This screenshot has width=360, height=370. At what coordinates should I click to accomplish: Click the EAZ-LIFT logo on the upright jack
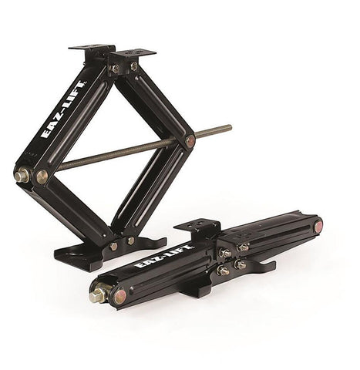pos(64,109)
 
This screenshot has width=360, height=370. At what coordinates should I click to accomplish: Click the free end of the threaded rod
pos(230,126)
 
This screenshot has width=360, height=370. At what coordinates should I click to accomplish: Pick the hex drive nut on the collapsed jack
pos(96,295)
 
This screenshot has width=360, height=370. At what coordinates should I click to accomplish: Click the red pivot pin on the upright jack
pos(190,141)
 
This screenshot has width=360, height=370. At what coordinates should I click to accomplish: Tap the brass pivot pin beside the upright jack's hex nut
pos(42,176)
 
